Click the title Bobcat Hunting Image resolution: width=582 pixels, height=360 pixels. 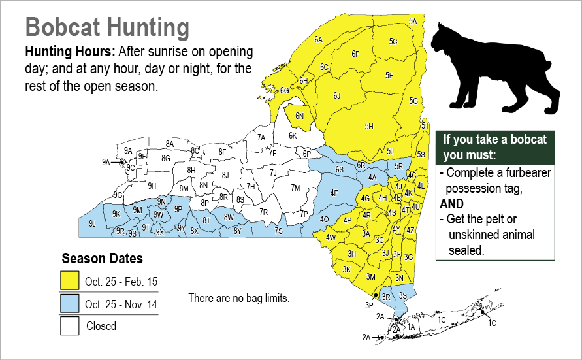click(107, 28)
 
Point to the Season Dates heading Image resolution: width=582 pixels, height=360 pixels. click(102, 258)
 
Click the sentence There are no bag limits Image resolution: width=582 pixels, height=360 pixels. click(238, 298)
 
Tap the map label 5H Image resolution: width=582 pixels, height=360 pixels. click(368, 126)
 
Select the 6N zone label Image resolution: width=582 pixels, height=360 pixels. click(300, 116)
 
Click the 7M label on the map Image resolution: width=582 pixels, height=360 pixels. click(295, 188)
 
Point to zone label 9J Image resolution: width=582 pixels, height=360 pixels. click(92, 223)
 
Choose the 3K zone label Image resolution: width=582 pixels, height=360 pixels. click(347, 269)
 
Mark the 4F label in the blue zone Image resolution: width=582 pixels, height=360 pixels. click(334, 193)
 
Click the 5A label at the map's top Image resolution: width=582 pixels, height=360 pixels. click(413, 21)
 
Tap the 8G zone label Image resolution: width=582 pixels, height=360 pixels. click(166, 158)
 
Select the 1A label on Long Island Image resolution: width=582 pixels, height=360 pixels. click(411, 327)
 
